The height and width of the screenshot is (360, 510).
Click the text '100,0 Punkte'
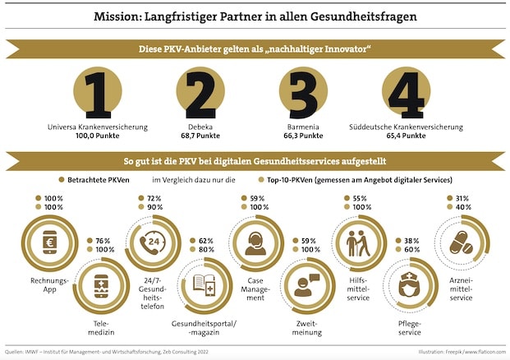(x=98, y=135)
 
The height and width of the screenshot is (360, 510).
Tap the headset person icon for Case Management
(x=255, y=242)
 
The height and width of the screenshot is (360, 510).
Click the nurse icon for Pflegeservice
(x=409, y=285)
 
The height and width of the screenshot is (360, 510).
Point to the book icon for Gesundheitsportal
(x=203, y=285)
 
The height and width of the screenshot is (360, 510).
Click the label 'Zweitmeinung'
(x=306, y=330)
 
